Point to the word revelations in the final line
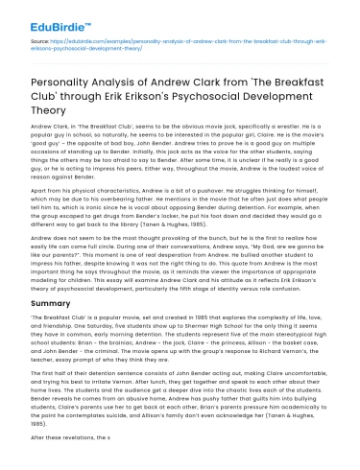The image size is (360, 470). click(72, 437)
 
